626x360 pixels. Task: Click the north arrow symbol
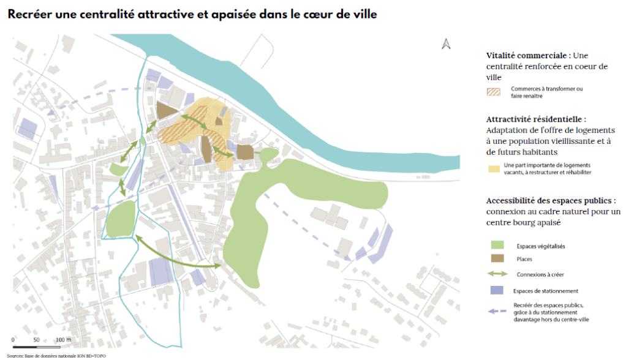(446, 43)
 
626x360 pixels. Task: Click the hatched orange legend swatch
(493, 92)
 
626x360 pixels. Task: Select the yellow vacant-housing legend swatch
(492, 168)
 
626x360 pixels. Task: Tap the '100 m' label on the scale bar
(64, 340)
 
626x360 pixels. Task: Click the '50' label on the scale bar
(37, 340)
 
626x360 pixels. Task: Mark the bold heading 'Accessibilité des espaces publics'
(549, 200)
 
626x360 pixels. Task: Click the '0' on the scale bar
(13, 340)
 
